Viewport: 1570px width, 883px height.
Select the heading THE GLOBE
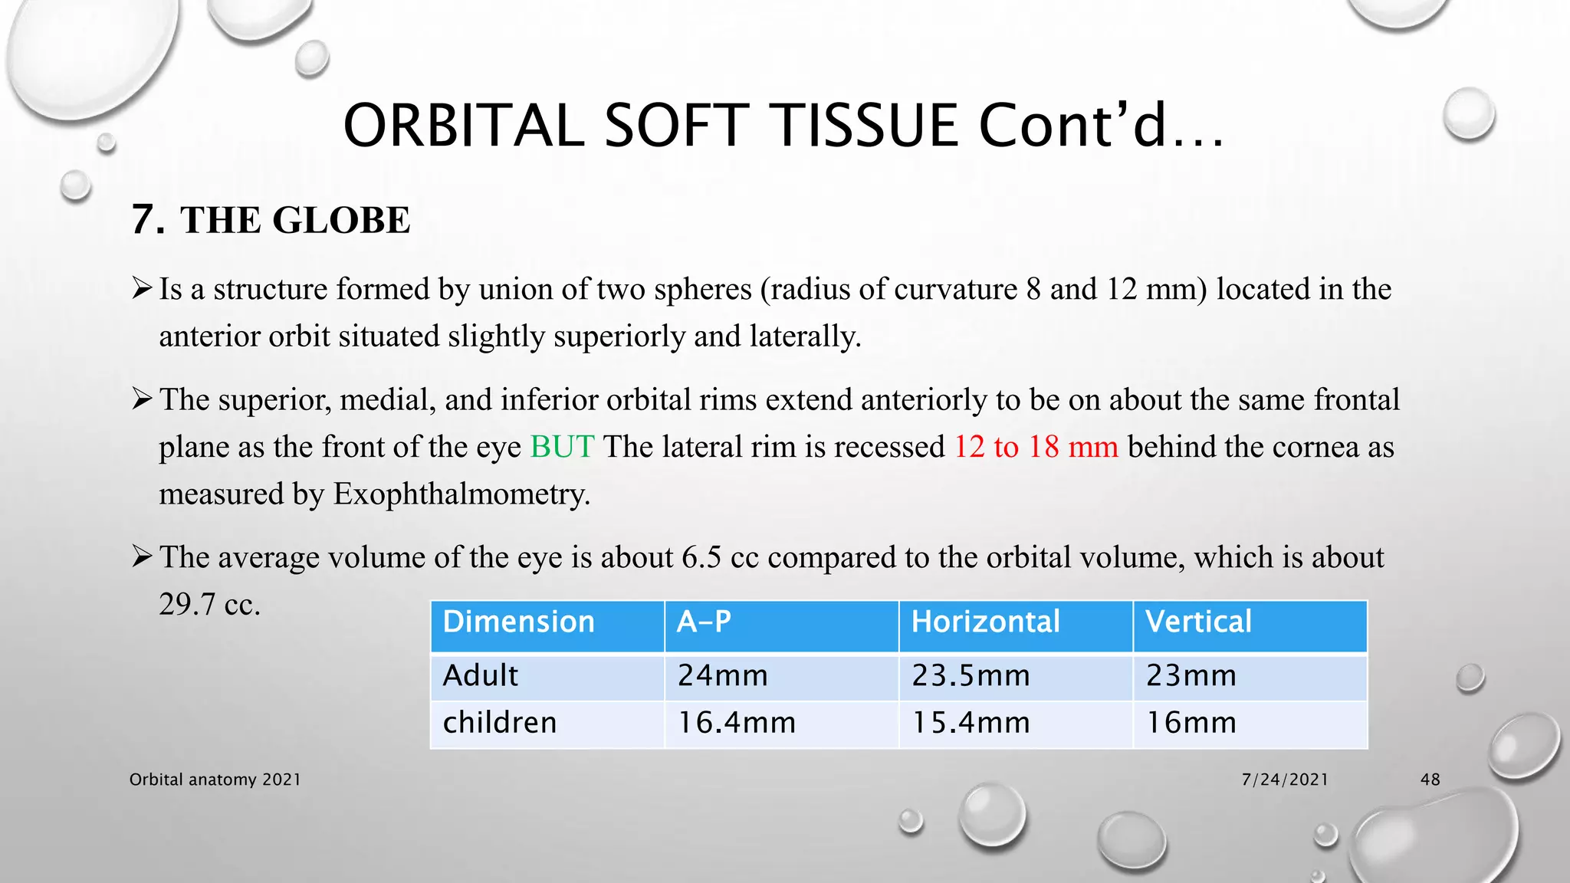click(295, 221)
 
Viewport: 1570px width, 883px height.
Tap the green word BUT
click(562, 447)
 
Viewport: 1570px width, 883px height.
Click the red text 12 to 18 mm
click(1036, 447)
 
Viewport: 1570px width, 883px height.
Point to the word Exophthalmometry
click(461, 494)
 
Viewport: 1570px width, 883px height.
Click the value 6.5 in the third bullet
click(701, 558)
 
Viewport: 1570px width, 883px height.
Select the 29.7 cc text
click(209, 605)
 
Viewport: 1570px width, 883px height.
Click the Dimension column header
click(519, 622)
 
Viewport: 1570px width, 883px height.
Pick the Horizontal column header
click(985, 622)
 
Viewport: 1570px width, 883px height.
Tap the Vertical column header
click(1198, 622)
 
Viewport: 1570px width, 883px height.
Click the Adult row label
click(481, 676)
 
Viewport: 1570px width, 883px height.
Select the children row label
click(500, 723)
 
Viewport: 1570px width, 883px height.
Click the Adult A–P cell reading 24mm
click(723, 676)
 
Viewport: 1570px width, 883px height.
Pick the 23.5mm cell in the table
click(971, 676)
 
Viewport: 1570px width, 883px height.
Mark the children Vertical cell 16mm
click(1191, 723)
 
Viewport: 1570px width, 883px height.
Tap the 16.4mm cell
click(737, 723)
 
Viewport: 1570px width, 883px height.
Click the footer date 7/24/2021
click(1285, 780)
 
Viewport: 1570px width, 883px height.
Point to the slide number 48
click(1430, 780)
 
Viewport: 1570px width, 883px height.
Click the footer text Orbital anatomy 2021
click(215, 780)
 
